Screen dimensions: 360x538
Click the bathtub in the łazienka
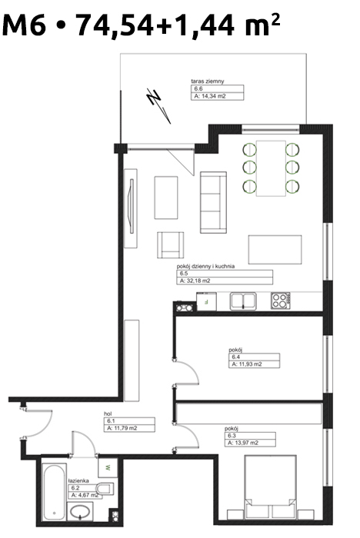(55, 492)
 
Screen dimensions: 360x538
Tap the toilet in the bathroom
(105, 489)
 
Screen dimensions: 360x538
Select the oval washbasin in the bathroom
(80, 513)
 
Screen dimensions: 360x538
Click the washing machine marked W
(108, 467)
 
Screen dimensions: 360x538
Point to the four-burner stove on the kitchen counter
(280, 301)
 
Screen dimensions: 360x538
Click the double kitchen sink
(243, 301)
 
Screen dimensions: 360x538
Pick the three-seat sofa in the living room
(213, 202)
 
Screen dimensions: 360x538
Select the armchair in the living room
(170, 244)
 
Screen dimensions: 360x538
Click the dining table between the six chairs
(271, 168)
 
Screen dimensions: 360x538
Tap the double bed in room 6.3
(270, 487)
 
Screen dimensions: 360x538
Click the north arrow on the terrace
(158, 106)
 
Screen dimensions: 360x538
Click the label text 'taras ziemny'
(208, 81)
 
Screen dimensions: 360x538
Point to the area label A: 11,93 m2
(247, 364)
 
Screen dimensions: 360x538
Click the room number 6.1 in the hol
(111, 421)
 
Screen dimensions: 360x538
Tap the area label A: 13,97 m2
(243, 443)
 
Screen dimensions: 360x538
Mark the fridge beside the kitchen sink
(206, 301)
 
